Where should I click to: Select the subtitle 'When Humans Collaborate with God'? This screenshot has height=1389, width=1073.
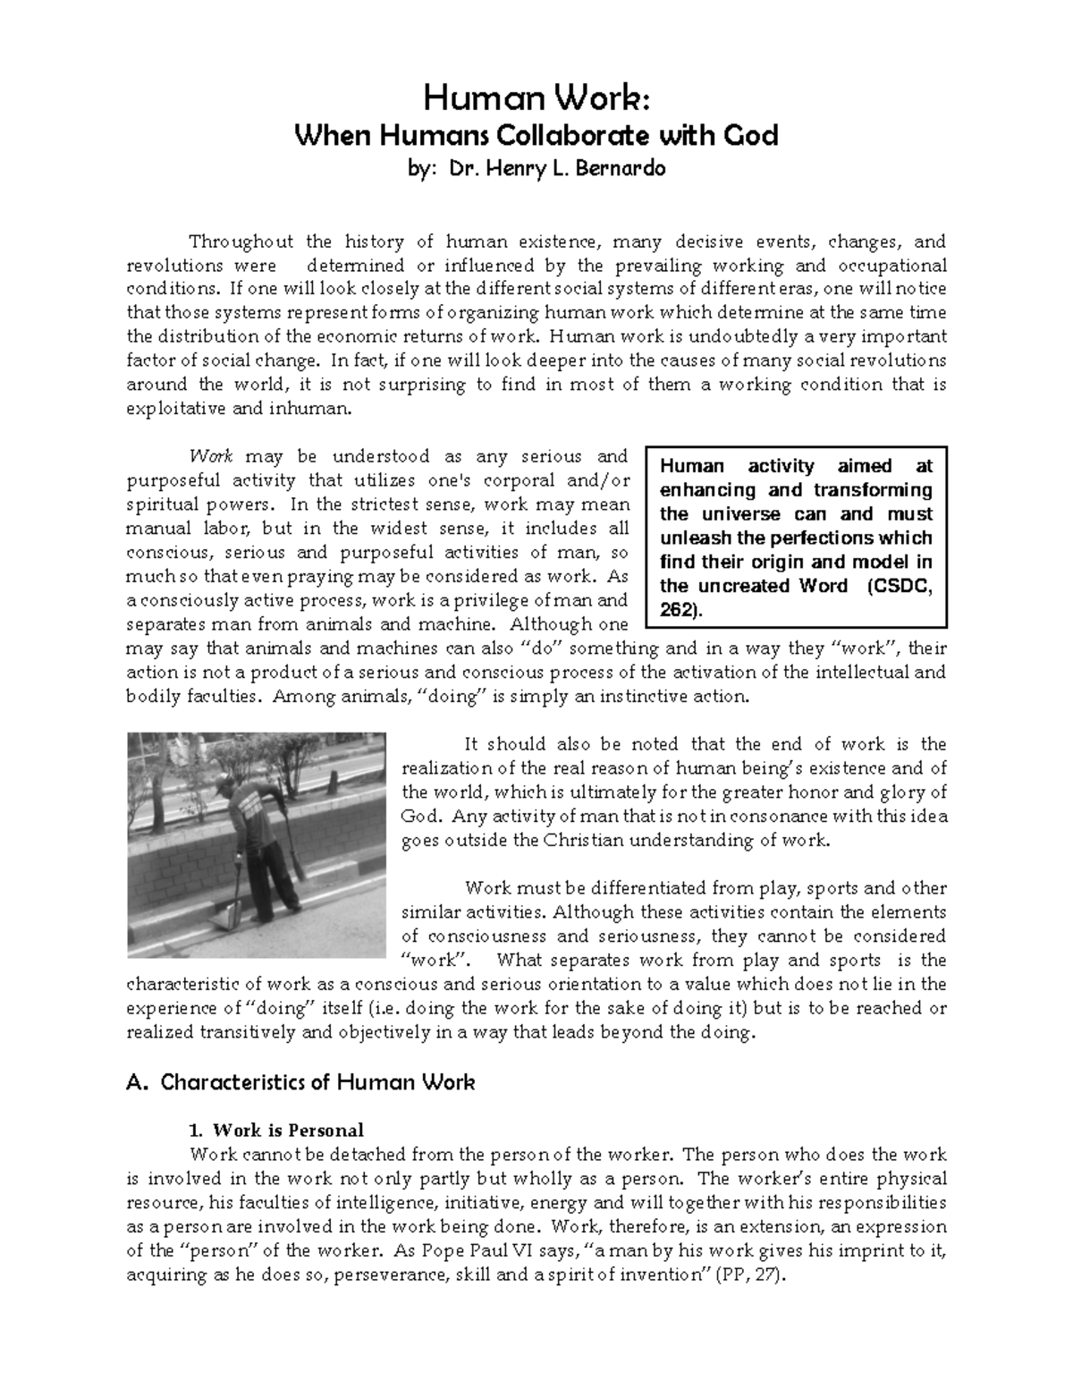536,136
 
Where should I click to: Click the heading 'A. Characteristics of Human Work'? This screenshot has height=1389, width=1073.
301,1082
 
